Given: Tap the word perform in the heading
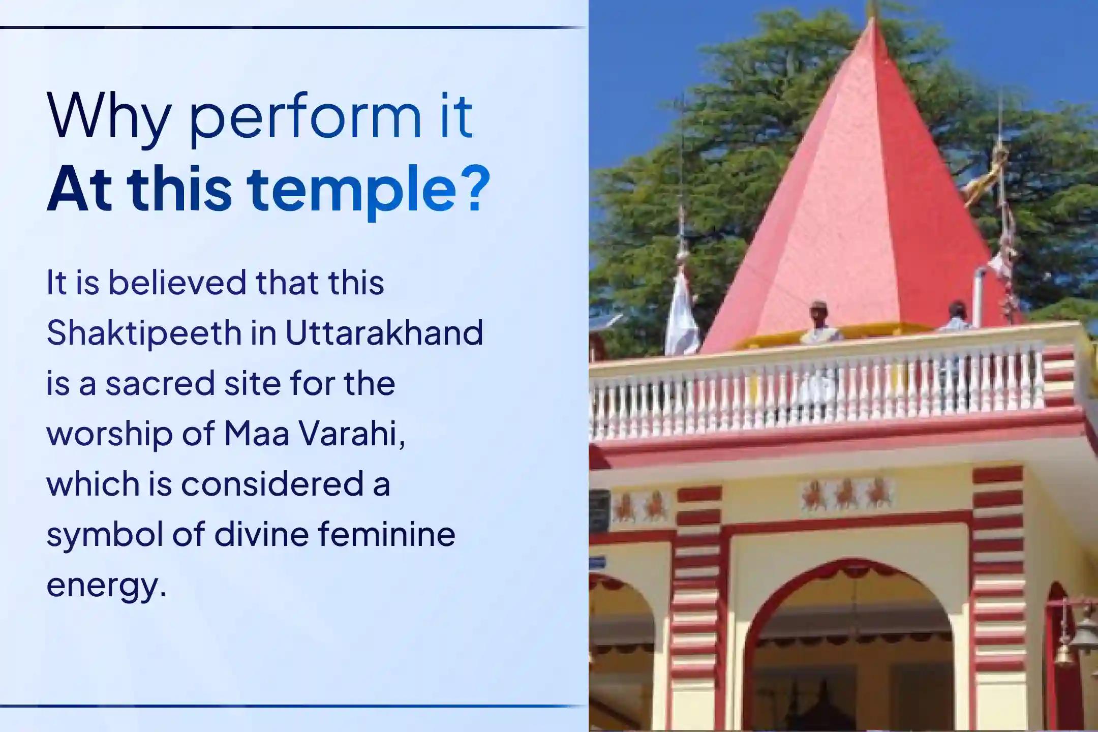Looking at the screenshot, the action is point(304,119).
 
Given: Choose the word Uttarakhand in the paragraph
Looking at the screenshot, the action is point(384,333).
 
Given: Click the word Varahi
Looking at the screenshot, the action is point(352,434).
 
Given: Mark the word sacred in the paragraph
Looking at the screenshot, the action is point(160,383).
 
